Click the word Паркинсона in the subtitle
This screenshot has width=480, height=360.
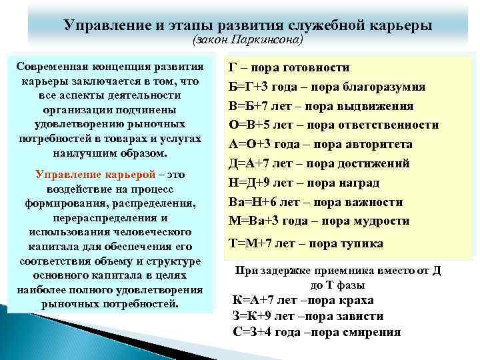pyautogui.click(x=266, y=41)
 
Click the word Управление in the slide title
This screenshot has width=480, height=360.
pyautogui.click(x=104, y=25)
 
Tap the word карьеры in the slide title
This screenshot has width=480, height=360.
pyautogui.click(x=398, y=25)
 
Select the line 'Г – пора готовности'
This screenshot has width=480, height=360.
pyautogui.click(x=289, y=68)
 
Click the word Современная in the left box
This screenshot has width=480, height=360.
pyautogui.click(x=53, y=67)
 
